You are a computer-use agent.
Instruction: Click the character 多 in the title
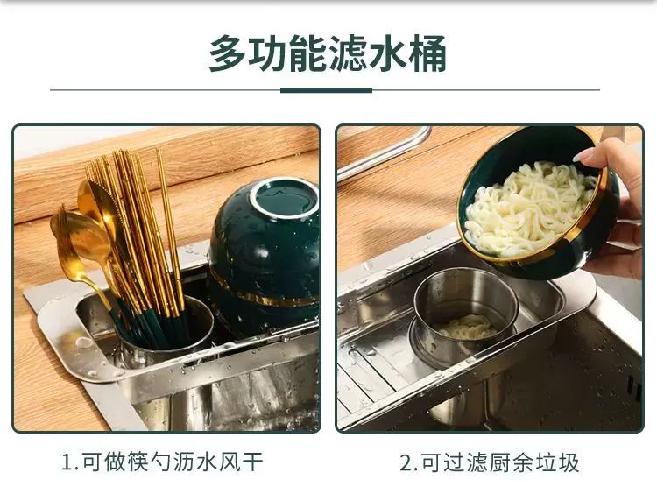point(229,53)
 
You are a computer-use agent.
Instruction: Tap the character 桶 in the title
point(427,53)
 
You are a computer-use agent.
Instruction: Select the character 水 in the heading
point(387,53)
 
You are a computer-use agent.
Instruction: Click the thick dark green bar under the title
point(326,90)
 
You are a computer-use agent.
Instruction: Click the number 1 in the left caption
point(67,463)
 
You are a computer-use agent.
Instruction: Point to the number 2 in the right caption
point(406,463)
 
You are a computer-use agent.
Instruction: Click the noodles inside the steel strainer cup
point(466,327)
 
